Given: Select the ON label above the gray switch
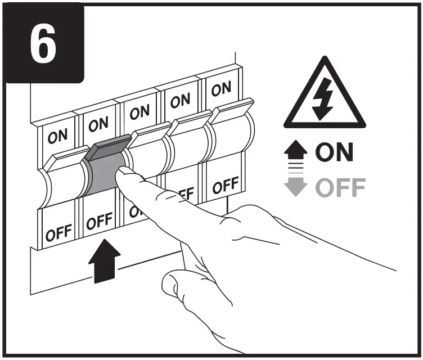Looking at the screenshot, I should point(98,124).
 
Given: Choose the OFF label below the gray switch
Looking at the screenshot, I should point(99,222).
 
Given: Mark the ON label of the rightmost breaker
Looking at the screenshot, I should point(221,88).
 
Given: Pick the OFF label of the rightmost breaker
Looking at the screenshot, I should point(226,185).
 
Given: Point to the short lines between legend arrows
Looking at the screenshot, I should point(296,169).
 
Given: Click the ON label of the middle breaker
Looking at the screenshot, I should point(139,112).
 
